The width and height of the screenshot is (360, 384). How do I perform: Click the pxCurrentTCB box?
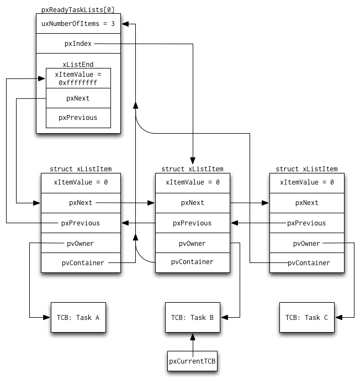pyautogui.click(x=192, y=361)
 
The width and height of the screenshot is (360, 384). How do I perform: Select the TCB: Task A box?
pyautogui.click(x=78, y=317)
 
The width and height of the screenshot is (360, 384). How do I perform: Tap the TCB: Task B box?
pyautogui.click(x=193, y=317)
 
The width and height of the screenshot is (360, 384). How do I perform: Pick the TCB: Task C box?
pyautogui.click(x=307, y=317)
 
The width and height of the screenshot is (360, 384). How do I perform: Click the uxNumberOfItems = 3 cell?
pyautogui.click(x=78, y=24)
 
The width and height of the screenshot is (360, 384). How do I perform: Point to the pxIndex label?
pyautogui.click(x=78, y=44)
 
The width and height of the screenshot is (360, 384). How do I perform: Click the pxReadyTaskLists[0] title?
pyautogui.click(x=78, y=10)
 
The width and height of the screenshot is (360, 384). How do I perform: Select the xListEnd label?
pyautogui.click(x=78, y=65)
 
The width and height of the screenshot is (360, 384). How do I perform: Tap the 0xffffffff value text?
pyautogui.click(x=78, y=83)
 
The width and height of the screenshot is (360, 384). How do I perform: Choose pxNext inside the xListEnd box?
pyautogui.click(x=78, y=98)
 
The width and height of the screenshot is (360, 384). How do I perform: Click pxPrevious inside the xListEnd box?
pyautogui.click(x=78, y=118)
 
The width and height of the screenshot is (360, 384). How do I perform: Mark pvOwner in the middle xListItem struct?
pyautogui.click(x=192, y=244)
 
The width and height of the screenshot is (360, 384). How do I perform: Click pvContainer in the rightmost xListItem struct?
pyautogui.click(x=309, y=263)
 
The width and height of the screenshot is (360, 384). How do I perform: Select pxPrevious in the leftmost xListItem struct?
pyautogui.click(x=81, y=223)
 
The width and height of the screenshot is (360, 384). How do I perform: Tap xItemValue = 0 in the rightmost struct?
pyautogui.click(x=307, y=182)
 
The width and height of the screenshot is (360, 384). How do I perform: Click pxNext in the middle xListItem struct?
pyautogui.click(x=192, y=203)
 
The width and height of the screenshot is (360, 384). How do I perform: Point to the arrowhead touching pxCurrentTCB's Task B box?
pyautogui.click(x=193, y=336)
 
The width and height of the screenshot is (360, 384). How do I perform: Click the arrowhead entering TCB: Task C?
pyautogui.click(x=338, y=317)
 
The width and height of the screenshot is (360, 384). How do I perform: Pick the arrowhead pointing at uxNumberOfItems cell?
pyautogui.click(x=125, y=24)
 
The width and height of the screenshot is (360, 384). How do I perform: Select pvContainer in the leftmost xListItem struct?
pyautogui.click(x=83, y=263)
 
